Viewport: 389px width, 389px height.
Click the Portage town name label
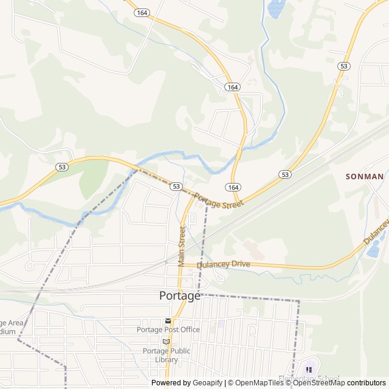click(179, 296)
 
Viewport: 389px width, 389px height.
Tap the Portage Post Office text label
click(168, 329)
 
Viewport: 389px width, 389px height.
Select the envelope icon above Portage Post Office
click(167, 320)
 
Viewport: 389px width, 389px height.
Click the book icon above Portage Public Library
click(166, 342)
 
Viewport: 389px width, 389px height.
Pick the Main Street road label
click(182, 246)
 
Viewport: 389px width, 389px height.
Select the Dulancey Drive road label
click(224, 264)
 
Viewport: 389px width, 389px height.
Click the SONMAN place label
click(364, 176)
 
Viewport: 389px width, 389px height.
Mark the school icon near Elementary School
click(309, 370)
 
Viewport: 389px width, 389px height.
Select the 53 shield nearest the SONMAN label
click(284, 174)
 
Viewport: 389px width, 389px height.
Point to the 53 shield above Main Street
click(176, 186)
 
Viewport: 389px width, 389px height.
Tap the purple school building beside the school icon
click(312, 365)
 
